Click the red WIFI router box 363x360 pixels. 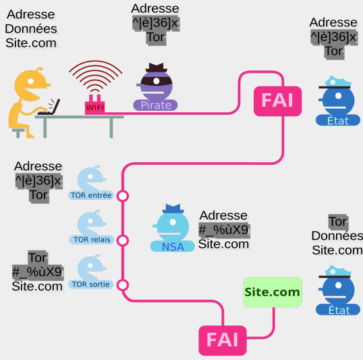tap(94, 107)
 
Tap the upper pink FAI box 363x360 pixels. tap(277, 101)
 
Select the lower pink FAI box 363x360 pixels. tap(223, 340)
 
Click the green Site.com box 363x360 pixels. tap(273, 292)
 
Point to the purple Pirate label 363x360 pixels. tap(155, 105)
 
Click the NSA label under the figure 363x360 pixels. tap(173, 247)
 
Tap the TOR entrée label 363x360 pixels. tap(91, 195)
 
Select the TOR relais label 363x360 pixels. tap(92, 240)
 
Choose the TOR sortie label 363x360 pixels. tap(90, 284)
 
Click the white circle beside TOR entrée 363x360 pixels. tap(123, 196)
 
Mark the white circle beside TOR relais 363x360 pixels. tap(123, 240)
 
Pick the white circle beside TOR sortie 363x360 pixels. tap(123, 285)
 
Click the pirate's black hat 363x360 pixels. tap(157, 68)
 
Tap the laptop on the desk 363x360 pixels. tap(49, 107)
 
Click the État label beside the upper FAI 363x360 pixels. tap(338, 120)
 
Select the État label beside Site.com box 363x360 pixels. tap(338, 310)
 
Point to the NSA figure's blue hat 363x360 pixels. tap(173, 209)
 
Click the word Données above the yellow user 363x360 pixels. tap(31, 29)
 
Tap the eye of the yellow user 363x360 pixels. tap(30, 81)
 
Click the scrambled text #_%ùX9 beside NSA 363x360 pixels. tap(224, 230)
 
